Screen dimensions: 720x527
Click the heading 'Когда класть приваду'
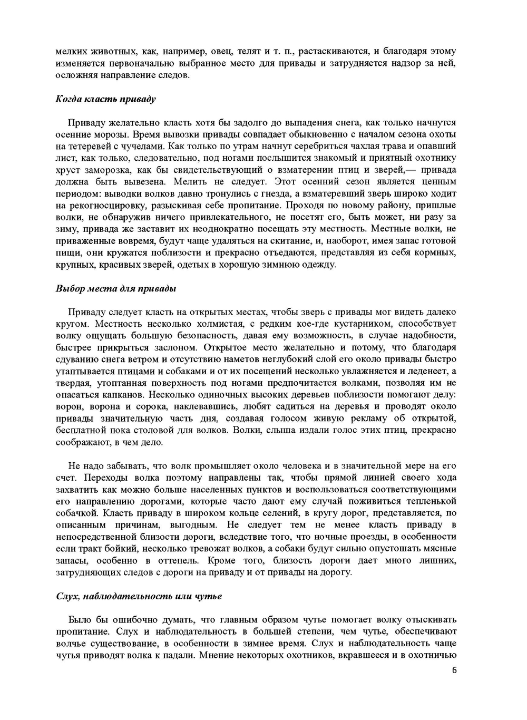point(105,99)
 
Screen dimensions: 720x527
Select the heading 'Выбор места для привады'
point(116,288)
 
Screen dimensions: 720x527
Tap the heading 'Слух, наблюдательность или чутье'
point(139,596)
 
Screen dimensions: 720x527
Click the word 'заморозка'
point(102,170)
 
